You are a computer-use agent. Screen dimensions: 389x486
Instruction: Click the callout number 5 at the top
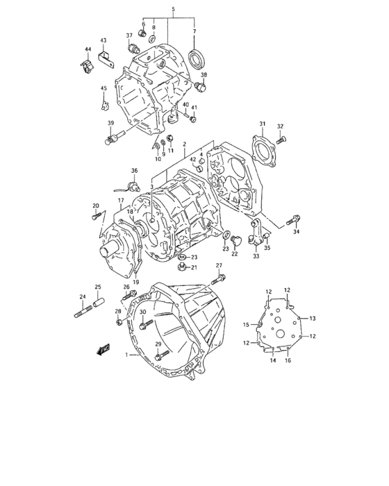tap(173, 9)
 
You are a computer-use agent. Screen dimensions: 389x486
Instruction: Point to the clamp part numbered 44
tap(87, 66)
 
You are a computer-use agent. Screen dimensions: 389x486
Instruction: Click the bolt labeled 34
tap(292, 220)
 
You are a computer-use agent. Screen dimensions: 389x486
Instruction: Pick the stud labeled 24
tap(83, 311)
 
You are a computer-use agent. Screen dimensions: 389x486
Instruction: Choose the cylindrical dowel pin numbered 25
tap(99, 303)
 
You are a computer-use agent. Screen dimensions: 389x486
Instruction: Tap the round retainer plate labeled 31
tap(263, 150)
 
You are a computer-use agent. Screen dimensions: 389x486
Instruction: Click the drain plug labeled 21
tap(183, 267)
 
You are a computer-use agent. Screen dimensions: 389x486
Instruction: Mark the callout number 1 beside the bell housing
tap(126, 355)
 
